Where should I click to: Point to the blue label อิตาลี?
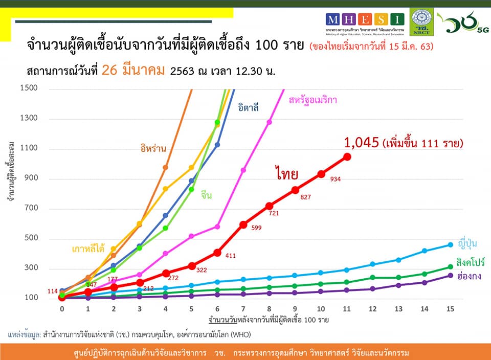point(248,107)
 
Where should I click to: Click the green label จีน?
point(206,195)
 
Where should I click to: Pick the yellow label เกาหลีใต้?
point(88,249)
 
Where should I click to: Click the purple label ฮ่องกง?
point(465,276)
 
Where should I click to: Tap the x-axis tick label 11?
point(347,309)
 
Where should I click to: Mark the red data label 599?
point(257,228)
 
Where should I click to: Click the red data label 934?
point(336,179)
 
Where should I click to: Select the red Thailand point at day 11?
point(347,157)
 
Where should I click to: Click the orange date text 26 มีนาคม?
point(133,70)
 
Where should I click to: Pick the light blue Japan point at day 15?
point(450,244)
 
